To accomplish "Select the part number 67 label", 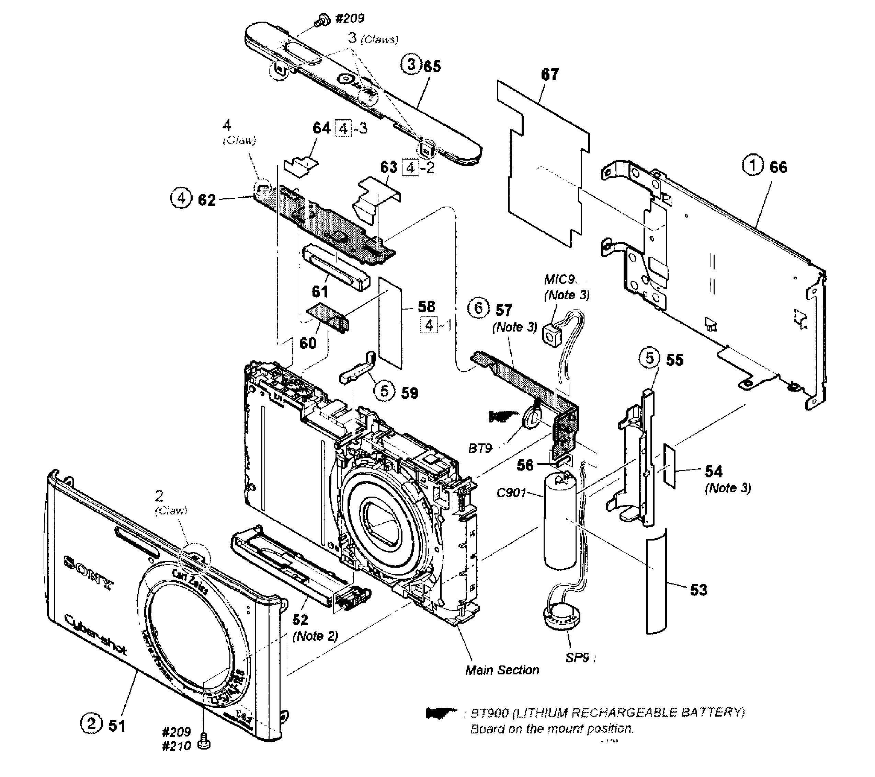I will coord(550,74).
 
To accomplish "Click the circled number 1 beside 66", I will coord(752,165).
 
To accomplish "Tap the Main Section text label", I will coord(502,670).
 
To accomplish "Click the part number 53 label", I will coord(698,590).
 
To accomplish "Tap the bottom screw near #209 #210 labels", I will coord(205,744).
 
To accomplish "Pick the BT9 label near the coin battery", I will coord(479,449).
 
